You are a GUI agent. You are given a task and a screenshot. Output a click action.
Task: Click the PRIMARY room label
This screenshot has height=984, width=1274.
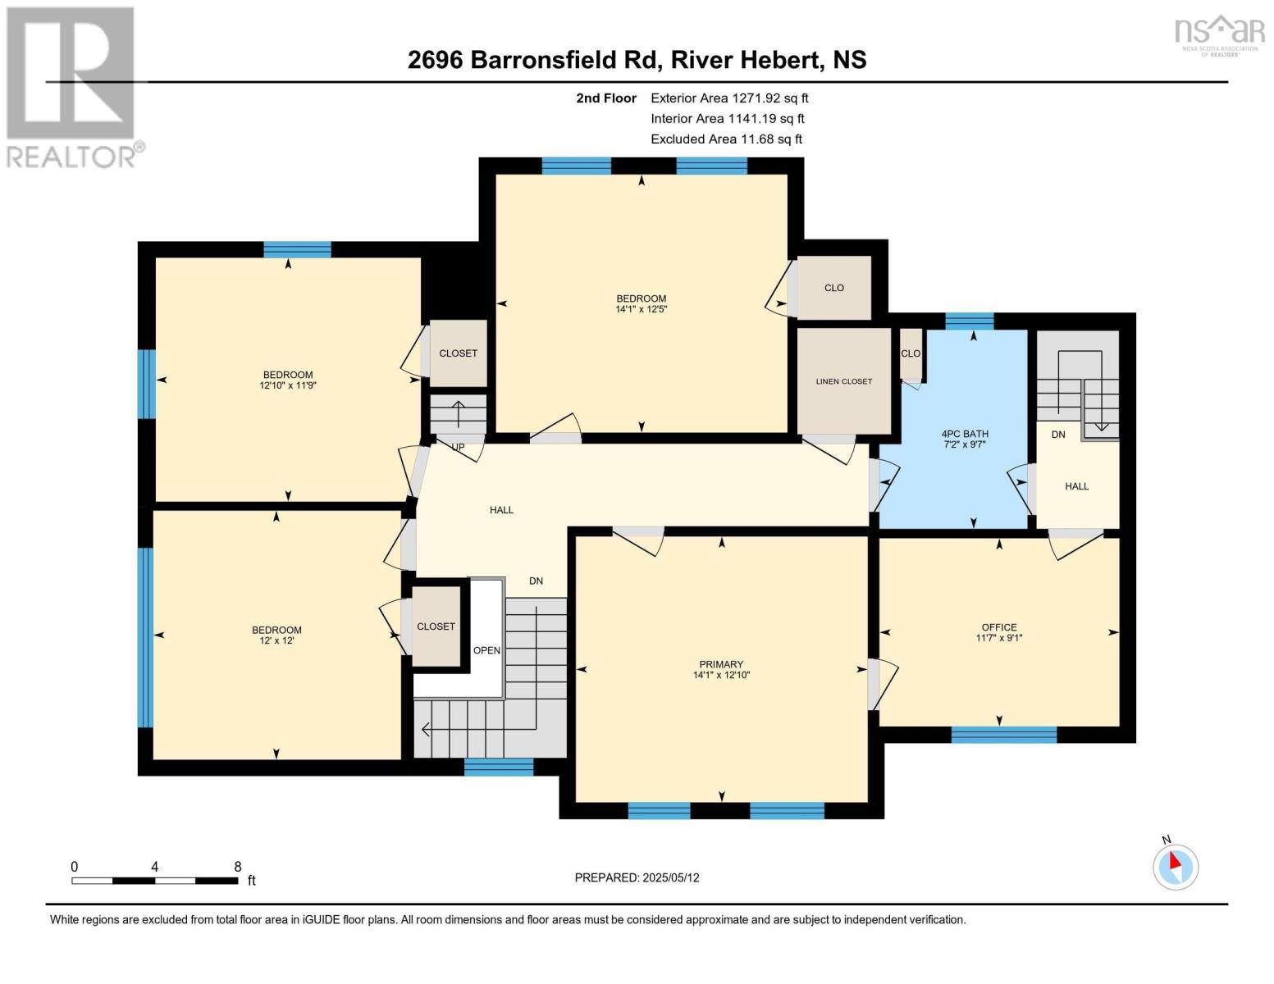pos(721,664)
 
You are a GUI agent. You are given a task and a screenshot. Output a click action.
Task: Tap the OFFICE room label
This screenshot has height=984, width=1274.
pos(998,627)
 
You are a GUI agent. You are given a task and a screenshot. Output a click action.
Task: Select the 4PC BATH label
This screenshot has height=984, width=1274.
pos(965,434)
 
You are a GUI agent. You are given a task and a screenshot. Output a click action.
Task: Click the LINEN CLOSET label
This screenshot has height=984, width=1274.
pos(843,381)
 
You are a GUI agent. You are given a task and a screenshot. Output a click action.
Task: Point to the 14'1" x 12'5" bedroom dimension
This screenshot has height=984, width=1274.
pos(641,310)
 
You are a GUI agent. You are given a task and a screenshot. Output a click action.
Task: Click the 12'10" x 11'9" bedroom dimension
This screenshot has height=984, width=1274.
pos(288,385)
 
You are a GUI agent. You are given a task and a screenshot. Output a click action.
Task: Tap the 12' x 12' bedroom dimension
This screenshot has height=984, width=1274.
pos(276,640)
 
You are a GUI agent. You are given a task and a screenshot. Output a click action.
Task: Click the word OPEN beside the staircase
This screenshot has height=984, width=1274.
pos(486,650)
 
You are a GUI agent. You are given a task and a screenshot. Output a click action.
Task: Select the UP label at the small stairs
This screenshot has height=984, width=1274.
pos(458,447)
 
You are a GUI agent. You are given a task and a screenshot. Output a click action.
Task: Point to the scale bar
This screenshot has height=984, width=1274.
pos(155,880)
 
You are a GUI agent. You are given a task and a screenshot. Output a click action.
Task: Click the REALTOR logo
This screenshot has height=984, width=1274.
pos(71,86)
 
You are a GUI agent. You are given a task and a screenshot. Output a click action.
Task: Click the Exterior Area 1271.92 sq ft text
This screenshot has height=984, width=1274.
pos(729,98)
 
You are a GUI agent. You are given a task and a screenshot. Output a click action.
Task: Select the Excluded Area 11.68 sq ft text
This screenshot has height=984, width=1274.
pos(726,139)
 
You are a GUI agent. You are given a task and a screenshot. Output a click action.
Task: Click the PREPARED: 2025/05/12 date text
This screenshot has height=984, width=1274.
pos(637,877)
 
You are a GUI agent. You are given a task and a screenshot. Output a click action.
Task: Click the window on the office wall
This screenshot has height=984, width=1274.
pos(1003,735)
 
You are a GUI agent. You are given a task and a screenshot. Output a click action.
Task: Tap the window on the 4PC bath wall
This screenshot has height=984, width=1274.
pos(969,321)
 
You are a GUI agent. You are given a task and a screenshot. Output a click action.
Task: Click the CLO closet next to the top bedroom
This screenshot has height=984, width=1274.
pos(833,288)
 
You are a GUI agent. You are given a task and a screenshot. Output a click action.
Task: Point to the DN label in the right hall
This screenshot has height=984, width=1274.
pos(1058,434)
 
